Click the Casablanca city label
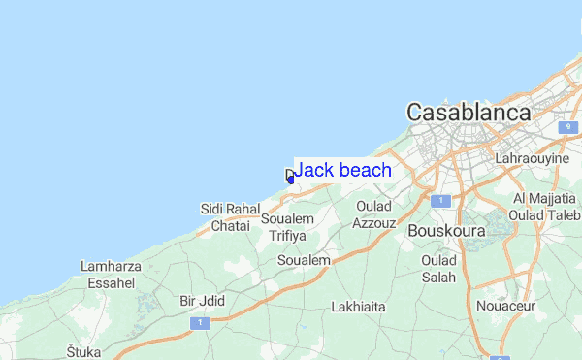[469, 113]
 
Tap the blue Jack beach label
[342, 171]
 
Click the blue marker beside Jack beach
[290, 177]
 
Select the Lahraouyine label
[532, 157]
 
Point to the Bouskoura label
[444, 232]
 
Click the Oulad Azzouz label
[374, 214]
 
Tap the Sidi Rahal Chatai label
[230, 216]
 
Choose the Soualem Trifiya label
[288, 227]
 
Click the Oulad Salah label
[438, 269]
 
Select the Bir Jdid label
[202, 301]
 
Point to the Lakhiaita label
[358, 308]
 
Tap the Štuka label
[83, 350]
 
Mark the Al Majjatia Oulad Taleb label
[544, 206]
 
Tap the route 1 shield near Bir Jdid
[198, 322]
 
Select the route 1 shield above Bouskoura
[441, 201]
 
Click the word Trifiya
[288, 236]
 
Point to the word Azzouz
[374, 222]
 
